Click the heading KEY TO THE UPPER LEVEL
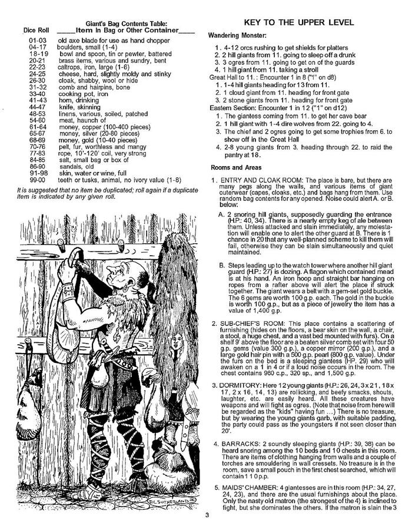(x=298, y=22)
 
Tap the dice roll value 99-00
(x=36, y=179)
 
